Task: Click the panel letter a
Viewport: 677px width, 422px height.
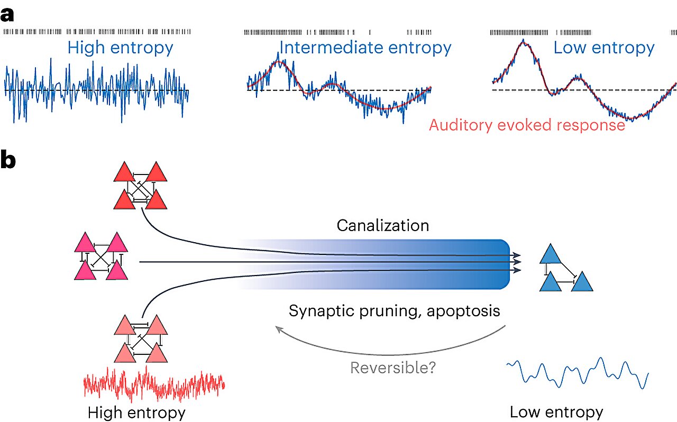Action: [7, 15]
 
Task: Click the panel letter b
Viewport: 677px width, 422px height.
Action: [8, 159]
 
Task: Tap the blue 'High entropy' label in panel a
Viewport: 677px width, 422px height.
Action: [120, 48]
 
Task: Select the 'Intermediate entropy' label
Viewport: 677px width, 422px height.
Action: [365, 48]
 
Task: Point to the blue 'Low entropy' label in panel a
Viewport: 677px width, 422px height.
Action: [604, 48]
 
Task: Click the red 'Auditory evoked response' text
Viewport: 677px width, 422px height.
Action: [527, 125]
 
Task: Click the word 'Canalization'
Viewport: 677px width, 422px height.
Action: [383, 225]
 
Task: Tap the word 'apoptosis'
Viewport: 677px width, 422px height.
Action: [463, 311]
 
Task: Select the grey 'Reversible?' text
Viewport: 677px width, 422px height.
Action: [393, 368]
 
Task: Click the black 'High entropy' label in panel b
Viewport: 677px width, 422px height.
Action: [136, 413]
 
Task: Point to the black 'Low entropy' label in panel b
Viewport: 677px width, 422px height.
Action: [556, 412]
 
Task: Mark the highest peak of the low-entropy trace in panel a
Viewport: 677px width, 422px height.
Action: [523, 40]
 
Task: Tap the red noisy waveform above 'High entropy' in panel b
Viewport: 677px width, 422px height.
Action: [154, 384]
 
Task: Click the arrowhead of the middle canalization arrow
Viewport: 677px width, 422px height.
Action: [517, 262]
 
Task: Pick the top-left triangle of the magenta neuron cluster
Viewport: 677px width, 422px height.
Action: [85, 242]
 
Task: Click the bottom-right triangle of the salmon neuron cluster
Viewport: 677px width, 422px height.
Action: [157, 353]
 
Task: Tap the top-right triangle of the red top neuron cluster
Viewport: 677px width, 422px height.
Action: [156, 172]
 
